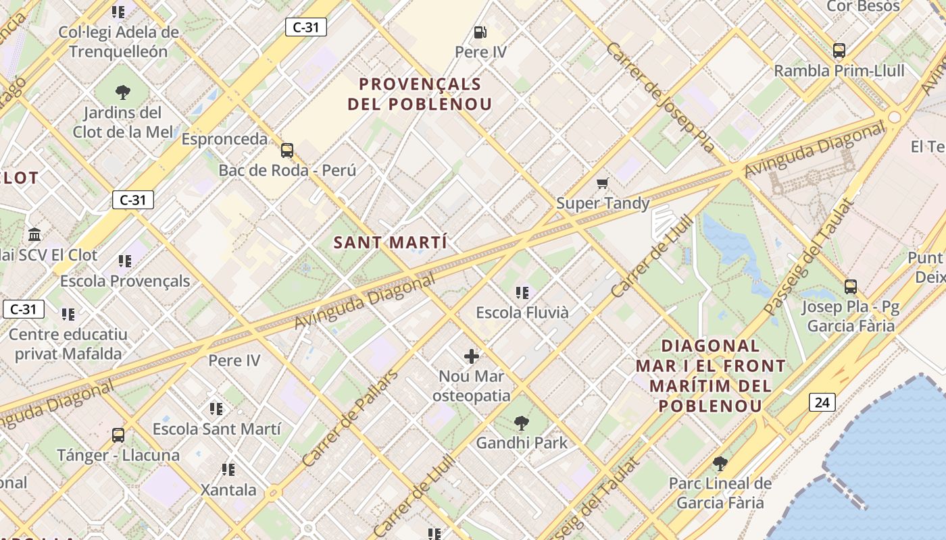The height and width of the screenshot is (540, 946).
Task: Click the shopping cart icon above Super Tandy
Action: [602, 183]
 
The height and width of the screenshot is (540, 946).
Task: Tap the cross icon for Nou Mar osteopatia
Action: [472, 356]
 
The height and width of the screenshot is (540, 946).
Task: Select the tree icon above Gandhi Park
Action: [521, 423]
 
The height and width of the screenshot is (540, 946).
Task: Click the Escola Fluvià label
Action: [522, 313]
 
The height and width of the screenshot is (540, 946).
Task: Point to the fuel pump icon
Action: [480, 32]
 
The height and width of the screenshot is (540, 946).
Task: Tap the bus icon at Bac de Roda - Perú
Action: [287, 150]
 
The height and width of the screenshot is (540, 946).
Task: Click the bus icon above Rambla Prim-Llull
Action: [839, 51]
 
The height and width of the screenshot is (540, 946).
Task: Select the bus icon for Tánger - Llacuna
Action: [118, 435]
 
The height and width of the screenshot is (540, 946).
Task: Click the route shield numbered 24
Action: [822, 403]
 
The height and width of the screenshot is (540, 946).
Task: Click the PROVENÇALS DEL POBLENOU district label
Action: [420, 94]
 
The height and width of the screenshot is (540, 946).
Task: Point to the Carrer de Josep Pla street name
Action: [660, 97]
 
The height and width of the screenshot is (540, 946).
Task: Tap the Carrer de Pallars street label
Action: [349, 418]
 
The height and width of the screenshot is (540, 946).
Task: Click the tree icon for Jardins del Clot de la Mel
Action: [122, 92]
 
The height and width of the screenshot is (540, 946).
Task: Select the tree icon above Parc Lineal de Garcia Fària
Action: [720, 464]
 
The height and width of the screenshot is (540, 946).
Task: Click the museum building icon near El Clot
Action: [34, 235]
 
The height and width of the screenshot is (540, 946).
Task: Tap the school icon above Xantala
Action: [228, 469]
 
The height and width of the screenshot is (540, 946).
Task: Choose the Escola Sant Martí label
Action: [216, 429]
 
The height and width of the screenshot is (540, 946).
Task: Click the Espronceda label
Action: [224, 139]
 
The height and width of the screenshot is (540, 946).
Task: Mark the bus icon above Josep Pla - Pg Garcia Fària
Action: [850, 287]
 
